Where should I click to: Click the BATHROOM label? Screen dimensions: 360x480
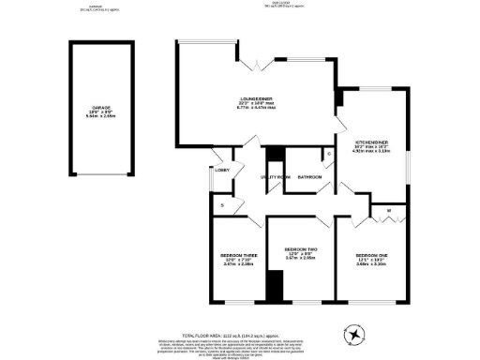coord(310,176)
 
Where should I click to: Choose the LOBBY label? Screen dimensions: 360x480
coord(222,170)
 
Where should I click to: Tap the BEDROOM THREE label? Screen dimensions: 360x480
coord(239,256)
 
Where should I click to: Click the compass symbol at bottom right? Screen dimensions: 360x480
coord(354,333)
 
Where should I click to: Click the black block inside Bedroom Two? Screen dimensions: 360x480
coord(274,286)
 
